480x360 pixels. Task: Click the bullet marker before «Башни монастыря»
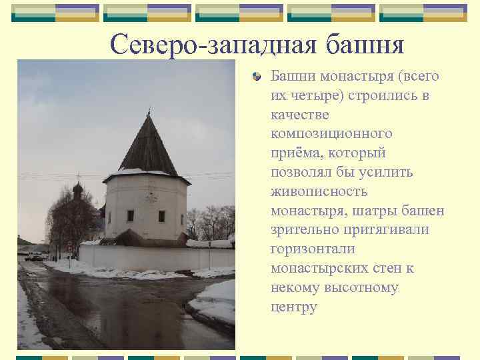tap(257, 77)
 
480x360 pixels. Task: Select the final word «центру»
tap(294, 307)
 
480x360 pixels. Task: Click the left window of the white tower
tap(131, 215)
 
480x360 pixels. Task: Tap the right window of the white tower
tap(161, 216)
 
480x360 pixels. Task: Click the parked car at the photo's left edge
tap(33, 255)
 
